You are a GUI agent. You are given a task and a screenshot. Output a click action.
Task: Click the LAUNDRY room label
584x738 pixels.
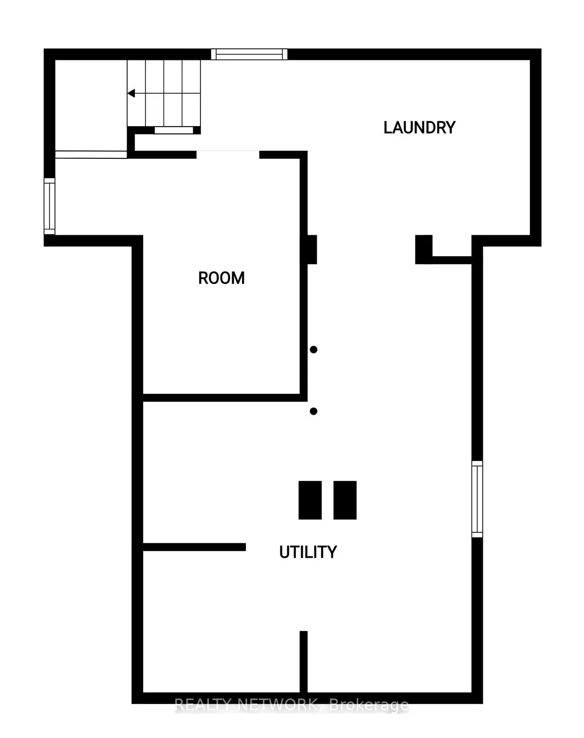[419, 128]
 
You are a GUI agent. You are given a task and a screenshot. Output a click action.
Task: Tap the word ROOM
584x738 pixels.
[221, 278]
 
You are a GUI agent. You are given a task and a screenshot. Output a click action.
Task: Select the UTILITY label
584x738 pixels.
[308, 552]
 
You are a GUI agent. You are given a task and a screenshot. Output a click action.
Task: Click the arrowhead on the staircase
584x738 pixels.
[131, 93]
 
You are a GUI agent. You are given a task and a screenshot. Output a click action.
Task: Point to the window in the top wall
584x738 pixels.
[249, 54]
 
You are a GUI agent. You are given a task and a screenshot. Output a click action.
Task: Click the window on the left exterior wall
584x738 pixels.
[49, 206]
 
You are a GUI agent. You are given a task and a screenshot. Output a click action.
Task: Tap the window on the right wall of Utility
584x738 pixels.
[477, 499]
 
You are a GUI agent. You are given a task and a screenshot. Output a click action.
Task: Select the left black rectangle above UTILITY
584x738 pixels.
[310, 500]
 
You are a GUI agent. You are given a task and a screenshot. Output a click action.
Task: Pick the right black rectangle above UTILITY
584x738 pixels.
[345, 500]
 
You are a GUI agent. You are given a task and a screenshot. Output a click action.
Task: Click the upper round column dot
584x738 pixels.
[314, 349]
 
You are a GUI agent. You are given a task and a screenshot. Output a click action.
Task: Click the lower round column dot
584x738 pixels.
[314, 411]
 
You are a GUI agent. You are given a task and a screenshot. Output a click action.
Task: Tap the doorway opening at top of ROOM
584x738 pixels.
[228, 154]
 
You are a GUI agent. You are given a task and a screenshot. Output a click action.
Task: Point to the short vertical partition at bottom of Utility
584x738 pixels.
[304, 662]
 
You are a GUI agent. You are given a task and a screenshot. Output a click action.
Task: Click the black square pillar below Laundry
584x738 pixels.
[423, 249]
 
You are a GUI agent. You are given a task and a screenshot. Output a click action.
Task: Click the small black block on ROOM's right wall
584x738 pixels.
[312, 249]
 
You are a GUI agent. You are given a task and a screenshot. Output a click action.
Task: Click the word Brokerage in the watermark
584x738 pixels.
[369, 705]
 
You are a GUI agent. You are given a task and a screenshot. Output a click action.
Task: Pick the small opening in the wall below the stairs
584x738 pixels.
[174, 131]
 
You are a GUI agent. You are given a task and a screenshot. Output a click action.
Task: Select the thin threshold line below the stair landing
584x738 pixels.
[91, 154]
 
